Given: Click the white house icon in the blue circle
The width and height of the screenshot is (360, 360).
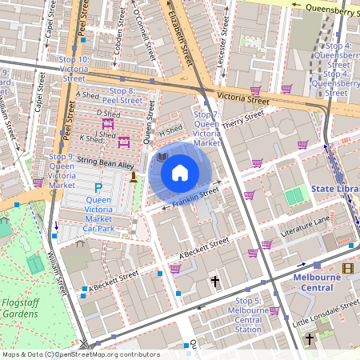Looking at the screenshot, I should (x=180, y=172).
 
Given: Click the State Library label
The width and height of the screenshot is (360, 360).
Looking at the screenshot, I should (x=334, y=189).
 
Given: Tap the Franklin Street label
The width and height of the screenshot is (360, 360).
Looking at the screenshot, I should (x=196, y=198).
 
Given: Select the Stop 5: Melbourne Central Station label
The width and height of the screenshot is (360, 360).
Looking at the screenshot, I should (x=244, y=314).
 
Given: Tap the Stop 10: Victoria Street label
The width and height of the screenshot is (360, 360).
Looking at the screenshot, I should (x=74, y=69).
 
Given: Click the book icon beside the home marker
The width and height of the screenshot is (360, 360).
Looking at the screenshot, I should (x=162, y=158).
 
